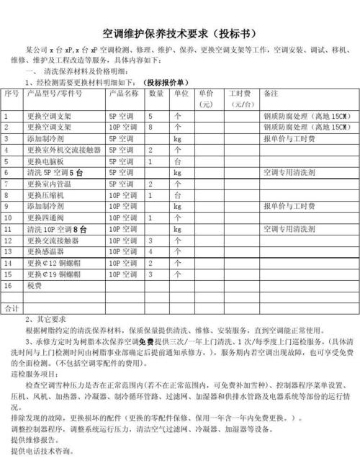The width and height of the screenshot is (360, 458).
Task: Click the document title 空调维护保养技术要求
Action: coord(177,34)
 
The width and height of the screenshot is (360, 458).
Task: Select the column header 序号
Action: coord(12,94)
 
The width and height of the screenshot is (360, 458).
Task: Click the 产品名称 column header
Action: coord(123,94)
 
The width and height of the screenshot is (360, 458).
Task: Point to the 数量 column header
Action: coord(156,94)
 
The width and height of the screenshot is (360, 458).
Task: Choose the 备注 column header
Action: coord(271,94)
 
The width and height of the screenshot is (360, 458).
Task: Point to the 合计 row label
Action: coord(11,308)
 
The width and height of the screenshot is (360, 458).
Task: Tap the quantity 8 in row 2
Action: coord(150,127)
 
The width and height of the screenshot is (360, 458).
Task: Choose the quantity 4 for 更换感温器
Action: coord(150,252)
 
